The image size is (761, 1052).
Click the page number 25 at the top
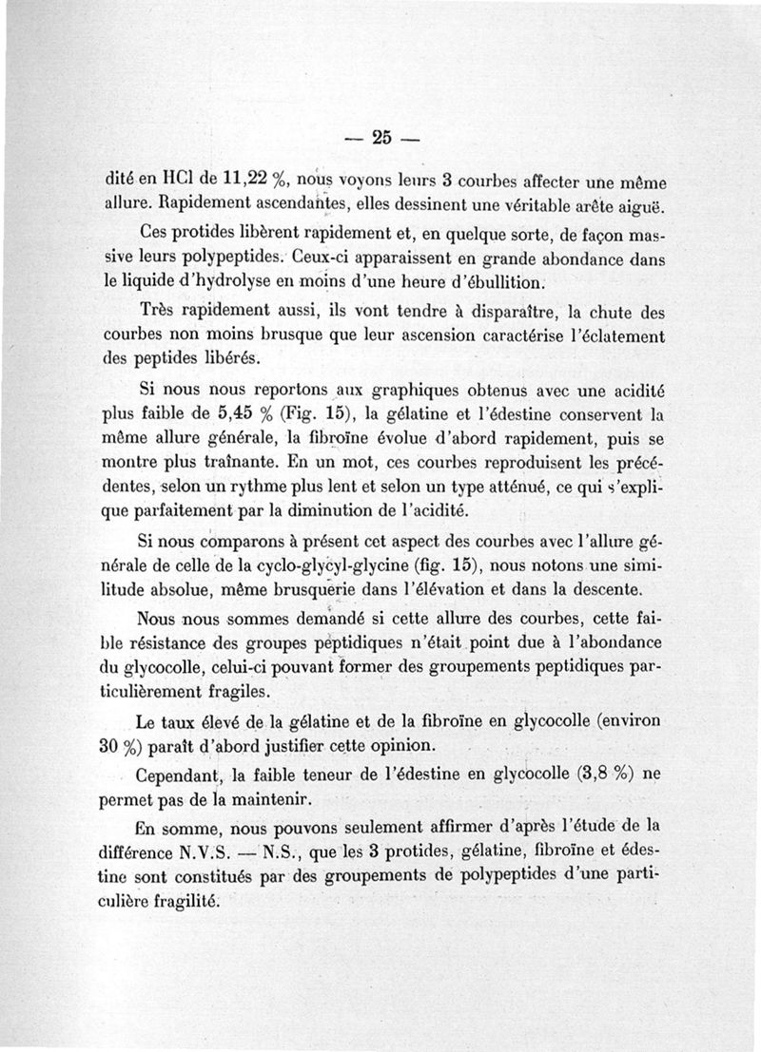(x=381, y=137)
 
